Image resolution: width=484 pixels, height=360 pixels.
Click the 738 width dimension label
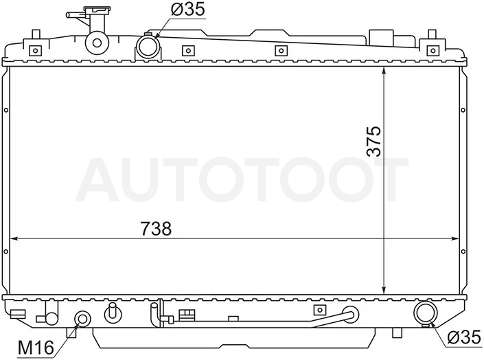(x=156, y=229)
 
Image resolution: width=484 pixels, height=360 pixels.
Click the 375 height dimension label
(x=373, y=141)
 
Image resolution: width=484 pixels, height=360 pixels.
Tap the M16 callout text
(x=36, y=348)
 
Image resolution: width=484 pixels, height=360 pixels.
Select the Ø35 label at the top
(x=187, y=9)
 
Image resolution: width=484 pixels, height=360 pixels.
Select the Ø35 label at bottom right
(x=464, y=337)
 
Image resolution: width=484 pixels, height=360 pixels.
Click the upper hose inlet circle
(x=148, y=47)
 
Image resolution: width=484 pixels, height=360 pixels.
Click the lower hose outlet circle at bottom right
(x=426, y=313)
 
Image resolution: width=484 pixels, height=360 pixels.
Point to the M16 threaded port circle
(x=82, y=319)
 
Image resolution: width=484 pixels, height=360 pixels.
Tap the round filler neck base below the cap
(x=97, y=43)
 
